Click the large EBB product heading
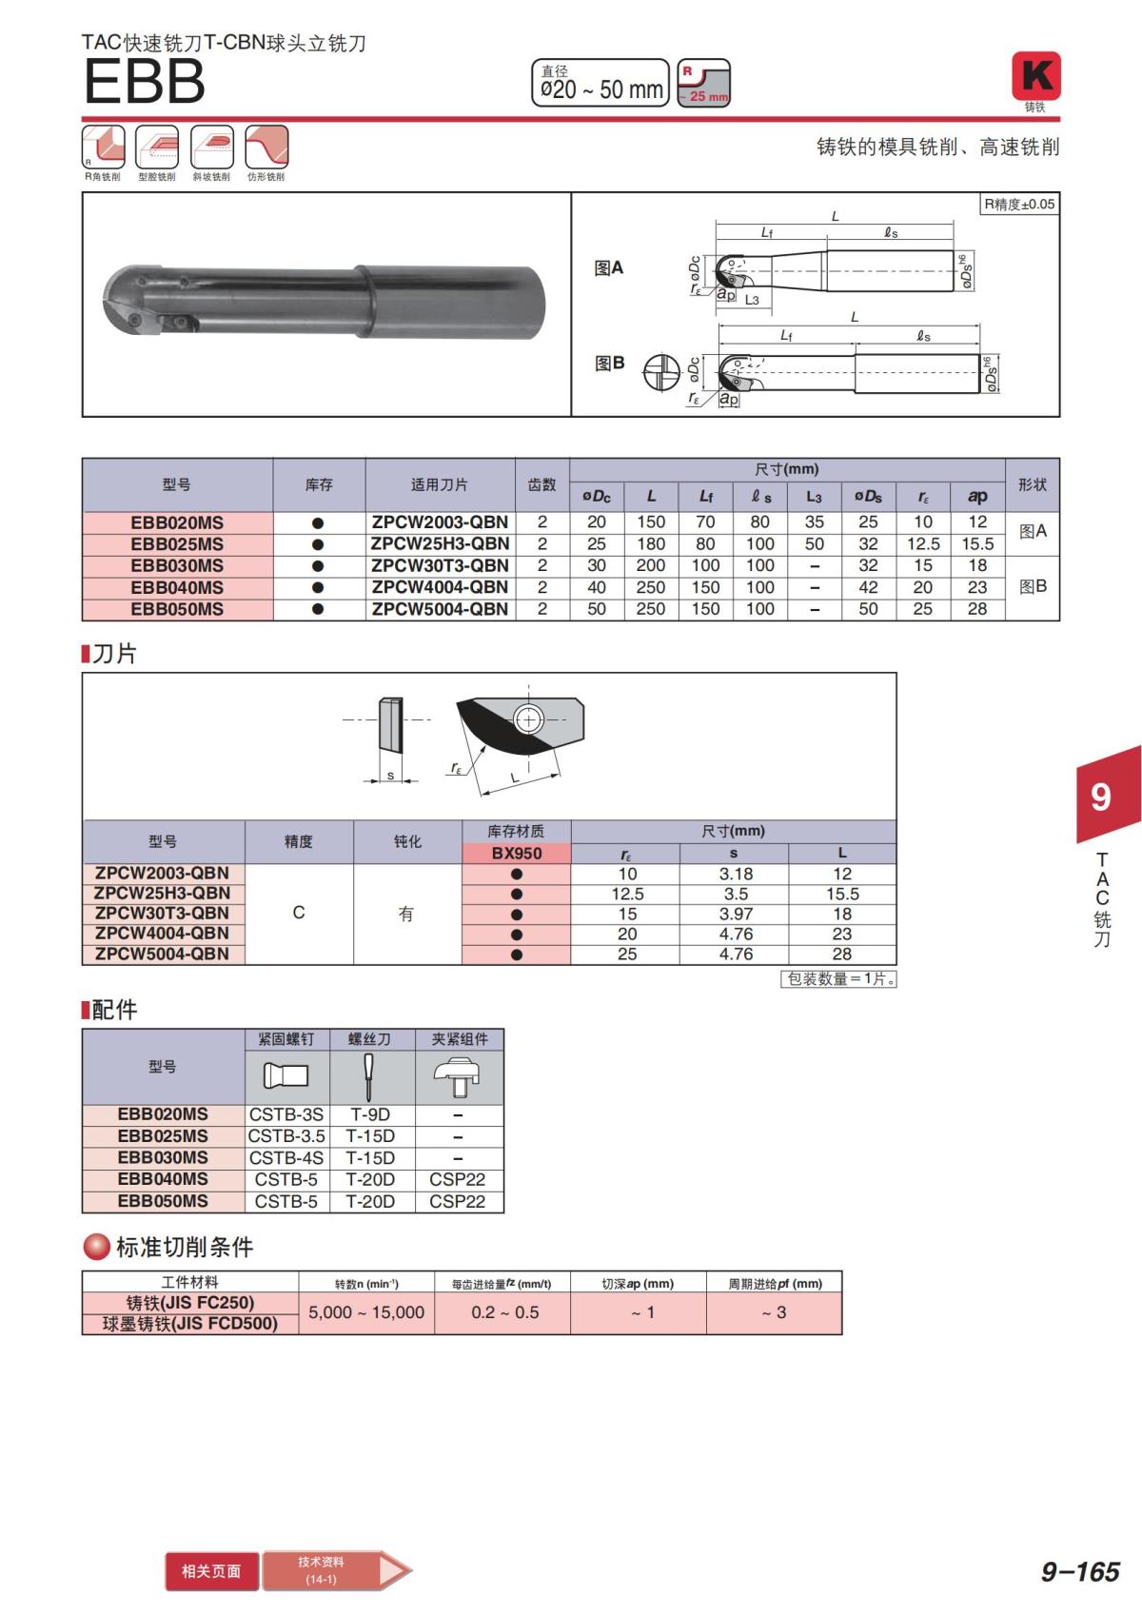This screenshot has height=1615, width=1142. click(145, 81)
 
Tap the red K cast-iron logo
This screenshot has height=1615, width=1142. click(1035, 76)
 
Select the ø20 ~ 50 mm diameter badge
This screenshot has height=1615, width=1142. click(601, 83)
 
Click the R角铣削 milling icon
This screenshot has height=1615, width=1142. click(103, 147)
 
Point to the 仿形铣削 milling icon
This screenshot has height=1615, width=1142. click(266, 147)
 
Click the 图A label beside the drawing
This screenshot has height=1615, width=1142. click(608, 268)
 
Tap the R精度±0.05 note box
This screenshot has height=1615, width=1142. click(1019, 204)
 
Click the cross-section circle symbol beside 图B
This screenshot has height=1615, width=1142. click(661, 373)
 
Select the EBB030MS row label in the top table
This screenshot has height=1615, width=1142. click(177, 566)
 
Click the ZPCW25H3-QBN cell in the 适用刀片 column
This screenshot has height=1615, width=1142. click(440, 543)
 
